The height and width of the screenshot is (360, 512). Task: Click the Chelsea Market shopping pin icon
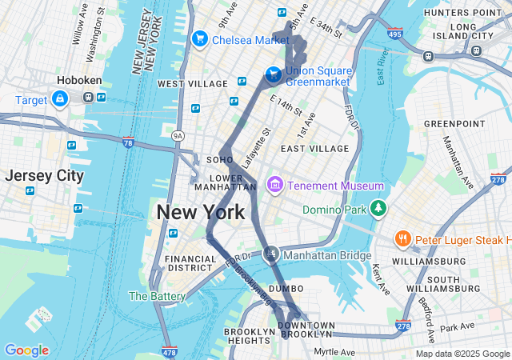point(199,38)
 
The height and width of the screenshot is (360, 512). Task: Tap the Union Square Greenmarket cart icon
point(274,74)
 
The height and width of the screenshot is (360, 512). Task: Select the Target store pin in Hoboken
point(59,98)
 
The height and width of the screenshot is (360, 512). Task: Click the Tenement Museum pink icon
point(274,186)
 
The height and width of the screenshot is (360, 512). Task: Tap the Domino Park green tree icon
point(378,210)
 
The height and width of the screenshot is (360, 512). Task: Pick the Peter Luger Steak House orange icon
point(402,239)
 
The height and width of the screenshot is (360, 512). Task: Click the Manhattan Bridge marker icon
point(271,254)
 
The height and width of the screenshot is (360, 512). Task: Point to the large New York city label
point(200,213)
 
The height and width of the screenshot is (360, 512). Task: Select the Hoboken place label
point(77,80)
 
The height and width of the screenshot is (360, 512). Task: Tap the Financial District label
point(190,264)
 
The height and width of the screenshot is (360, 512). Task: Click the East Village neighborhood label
point(315,149)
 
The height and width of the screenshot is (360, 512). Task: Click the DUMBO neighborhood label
point(286,288)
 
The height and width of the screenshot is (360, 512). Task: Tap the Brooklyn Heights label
point(250,337)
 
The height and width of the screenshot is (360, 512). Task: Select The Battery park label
point(158,296)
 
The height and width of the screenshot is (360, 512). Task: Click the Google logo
point(26,350)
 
